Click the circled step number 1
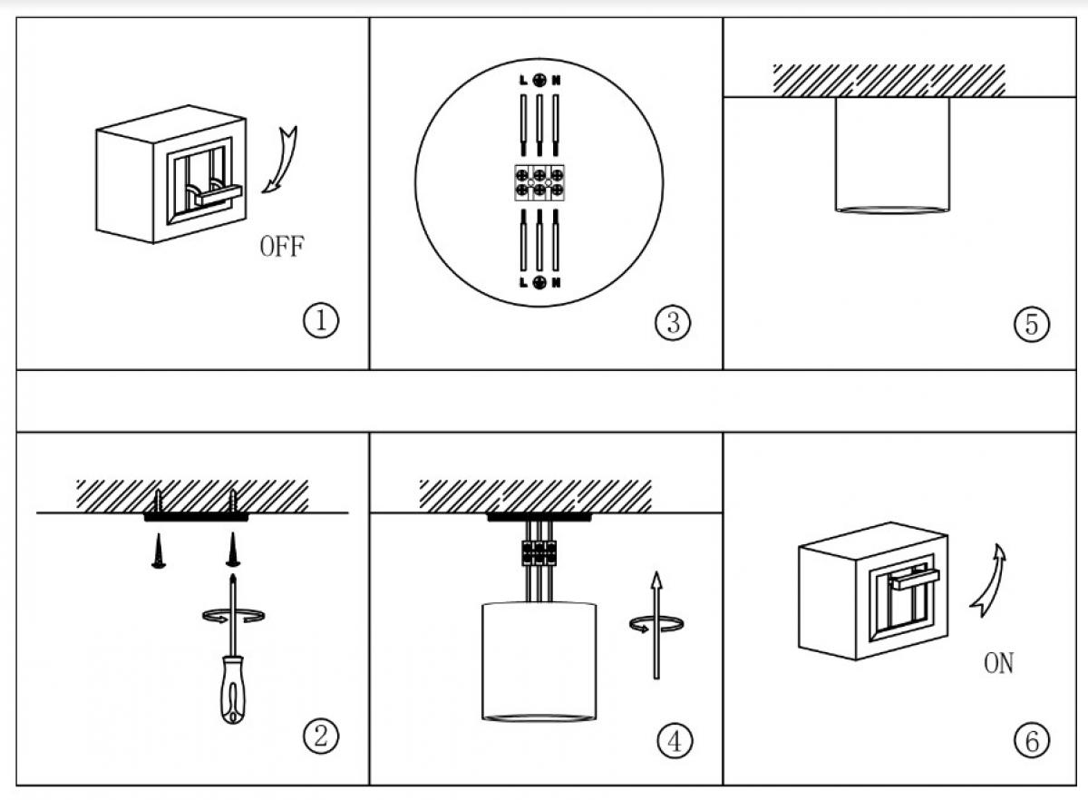click(x=320, y=321)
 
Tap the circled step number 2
click(x=320, y=736)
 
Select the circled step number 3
click(x=672, y=322)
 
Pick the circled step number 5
click(x=1031, y=324)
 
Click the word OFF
click(x=282, y=247)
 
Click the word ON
click(x=998, y=664)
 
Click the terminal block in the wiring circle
click(x=539, y=181)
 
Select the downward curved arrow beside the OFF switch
click(x=283, y=160)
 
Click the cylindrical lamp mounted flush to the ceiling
click(x=892, y=154)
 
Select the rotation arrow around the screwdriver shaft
click(x=233, y=616)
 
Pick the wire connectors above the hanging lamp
click(x=538, y=551)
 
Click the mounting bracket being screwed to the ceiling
click(x=196, y=518)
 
